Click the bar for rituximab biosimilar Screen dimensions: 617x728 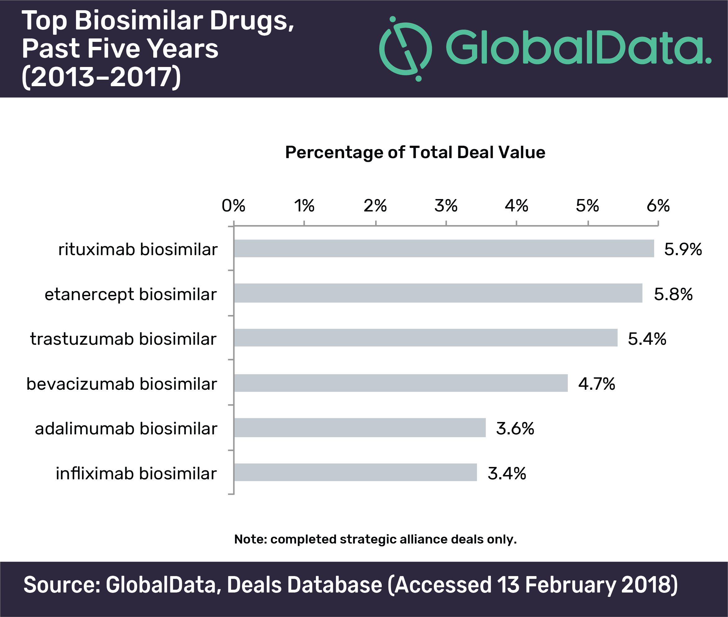(x=444, y=248)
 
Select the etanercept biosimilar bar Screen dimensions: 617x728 (x=438, y=293)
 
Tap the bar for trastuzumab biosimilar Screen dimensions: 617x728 (x=426, y=338)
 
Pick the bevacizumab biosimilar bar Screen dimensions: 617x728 (x=401, y=383)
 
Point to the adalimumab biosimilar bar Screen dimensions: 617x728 (x=360, y=428)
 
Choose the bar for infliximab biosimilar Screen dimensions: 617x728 (x=355, y=472)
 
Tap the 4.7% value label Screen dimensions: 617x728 (x=596, y=384)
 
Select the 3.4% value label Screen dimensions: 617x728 (x=507, y=473)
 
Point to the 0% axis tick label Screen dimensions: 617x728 (x=233, y=206)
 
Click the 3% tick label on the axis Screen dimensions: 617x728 (x=446, y=206)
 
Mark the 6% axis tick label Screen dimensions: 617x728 (x=658, y=206)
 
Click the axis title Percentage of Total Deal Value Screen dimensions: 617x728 (x=415, y=153)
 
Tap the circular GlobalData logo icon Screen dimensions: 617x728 (x=405, y=49)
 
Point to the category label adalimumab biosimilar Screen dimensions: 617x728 (x=126, y=428)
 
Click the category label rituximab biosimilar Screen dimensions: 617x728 (x=138, y=249)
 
